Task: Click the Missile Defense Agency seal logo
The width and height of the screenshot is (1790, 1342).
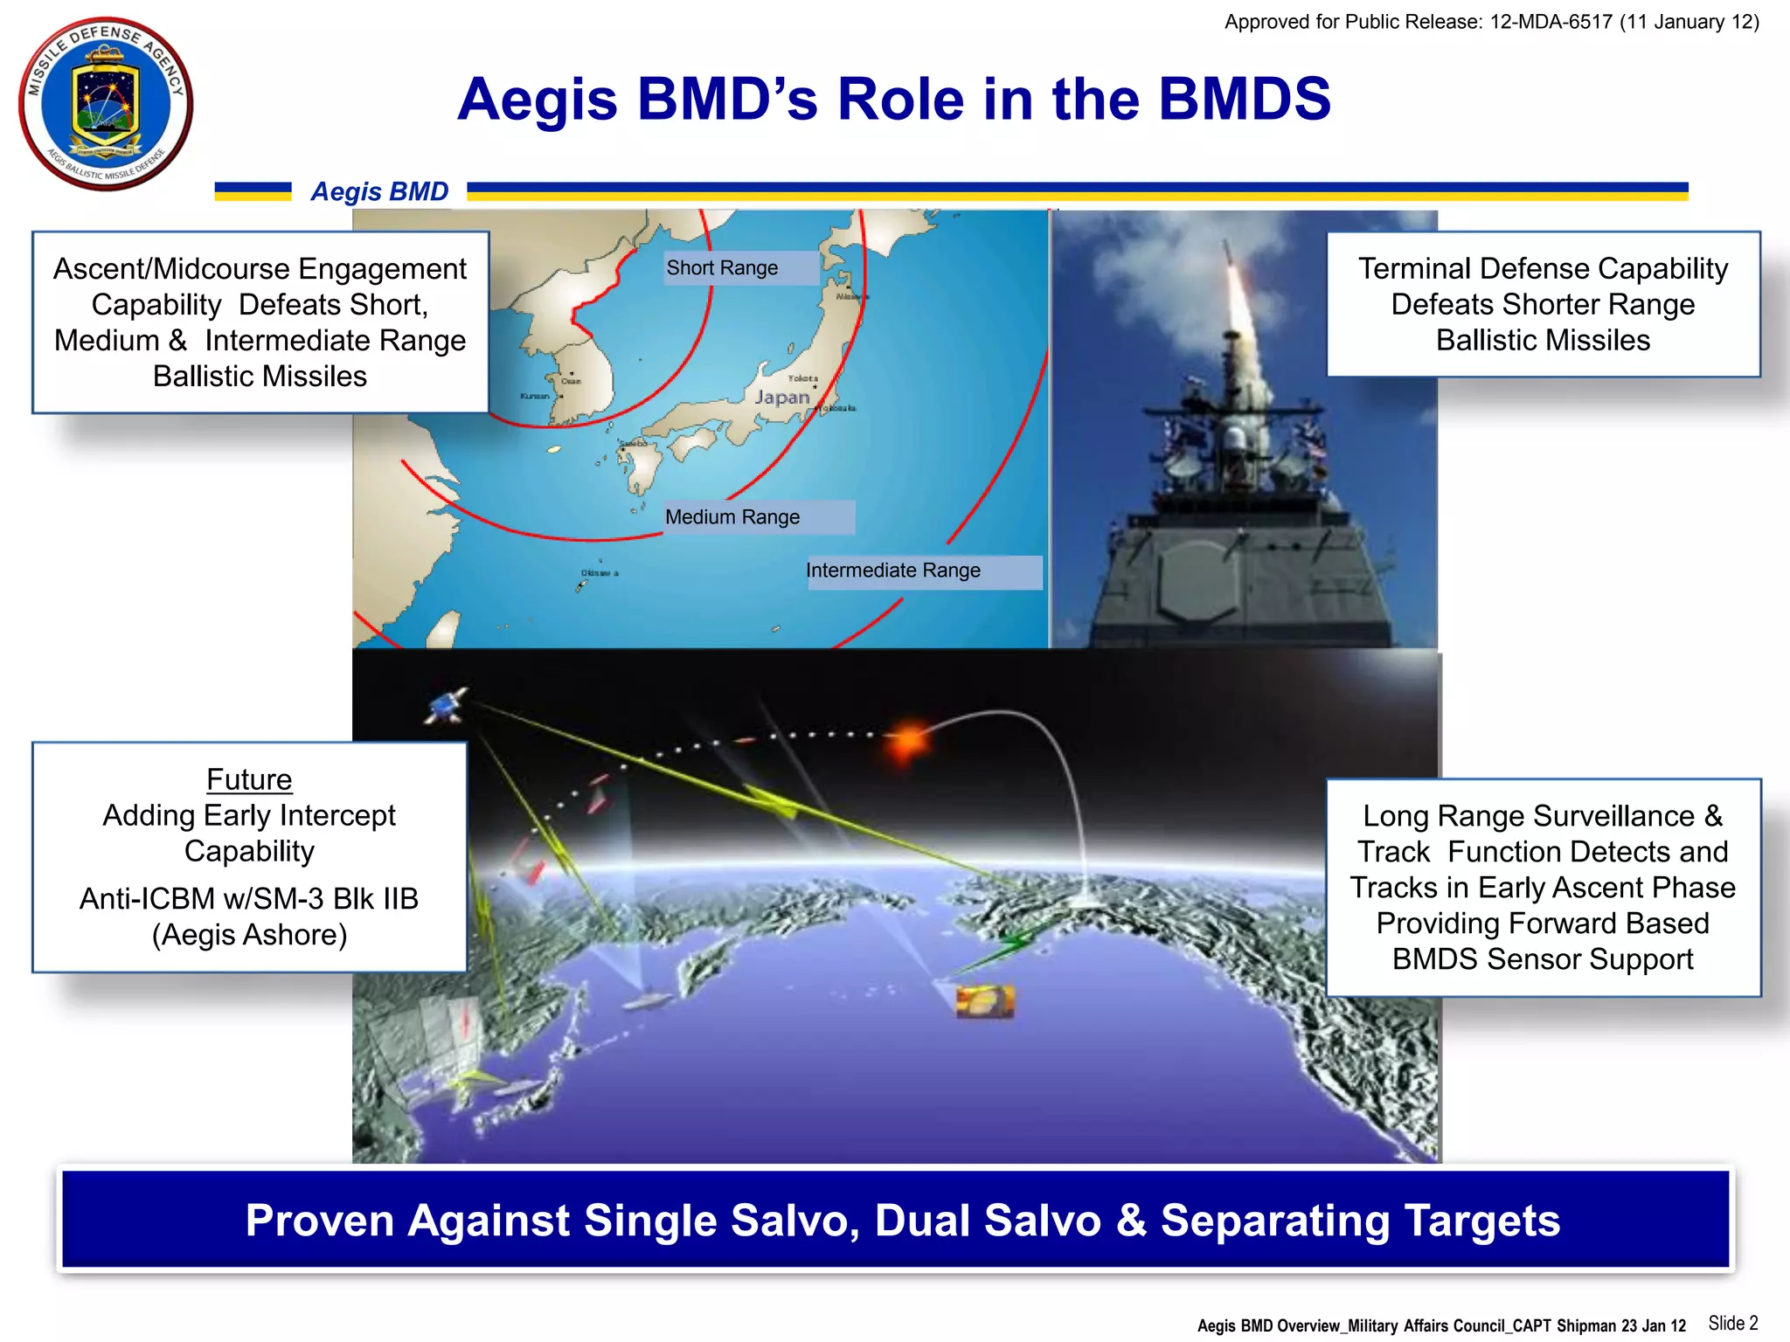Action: point(105,103)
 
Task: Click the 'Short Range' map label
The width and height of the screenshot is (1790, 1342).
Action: point(722,268)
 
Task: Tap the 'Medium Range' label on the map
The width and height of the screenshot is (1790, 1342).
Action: point(732,517)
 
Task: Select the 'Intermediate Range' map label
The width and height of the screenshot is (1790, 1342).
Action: point(892,571)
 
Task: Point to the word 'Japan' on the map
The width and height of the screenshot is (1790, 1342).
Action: point(782,398)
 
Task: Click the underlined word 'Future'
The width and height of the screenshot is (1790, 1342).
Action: point(249,779)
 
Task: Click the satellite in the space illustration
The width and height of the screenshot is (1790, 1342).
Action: point(447,705)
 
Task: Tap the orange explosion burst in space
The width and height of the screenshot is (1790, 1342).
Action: point(909,739)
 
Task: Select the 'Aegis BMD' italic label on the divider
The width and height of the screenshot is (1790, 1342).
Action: point(379,191)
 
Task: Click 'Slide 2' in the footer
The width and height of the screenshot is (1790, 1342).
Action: point(1732,1323)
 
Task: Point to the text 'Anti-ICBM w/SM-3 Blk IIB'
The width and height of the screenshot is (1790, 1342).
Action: point(249,899)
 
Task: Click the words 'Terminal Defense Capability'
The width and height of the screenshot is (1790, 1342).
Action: point(1543,268)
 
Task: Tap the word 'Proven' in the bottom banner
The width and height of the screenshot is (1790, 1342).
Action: point(319,1221)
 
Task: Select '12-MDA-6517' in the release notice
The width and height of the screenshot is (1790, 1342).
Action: point(1551,22)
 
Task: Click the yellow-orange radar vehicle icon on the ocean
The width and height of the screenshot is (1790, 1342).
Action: point(985,1001)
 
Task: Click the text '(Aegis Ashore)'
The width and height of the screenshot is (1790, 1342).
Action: point(249,935)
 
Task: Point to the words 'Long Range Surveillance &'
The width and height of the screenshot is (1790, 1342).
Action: point(1543,816)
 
